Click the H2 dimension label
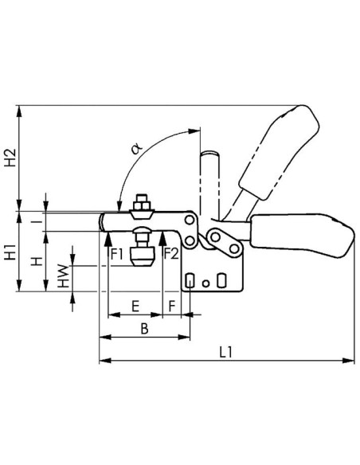coord(10,158)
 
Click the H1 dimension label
coord(10,252)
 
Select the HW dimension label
coord(63,275)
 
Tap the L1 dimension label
coord(226,352)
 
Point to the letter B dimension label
coord(144,329)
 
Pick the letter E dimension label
coord(135,306)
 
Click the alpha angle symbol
coord(136,148)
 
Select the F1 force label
coord(117,255)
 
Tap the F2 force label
coord(172,254)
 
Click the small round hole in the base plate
coord(205,283)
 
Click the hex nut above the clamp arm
coord(142,205)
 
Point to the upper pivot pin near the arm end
coord(189,221)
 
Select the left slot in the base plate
coord(190,280)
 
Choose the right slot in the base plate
coord(221,280)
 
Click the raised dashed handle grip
coord(279,152)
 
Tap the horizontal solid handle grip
coord(303,235)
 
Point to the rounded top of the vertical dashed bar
coord(209,154)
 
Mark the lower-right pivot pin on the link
coord(235,248)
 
